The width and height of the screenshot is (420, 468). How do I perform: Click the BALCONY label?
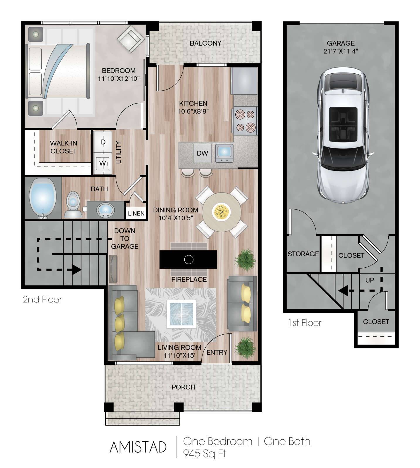click(205, 43)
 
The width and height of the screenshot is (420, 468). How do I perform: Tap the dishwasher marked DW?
click(202, 153)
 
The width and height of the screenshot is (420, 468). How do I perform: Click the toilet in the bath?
click(73, 205)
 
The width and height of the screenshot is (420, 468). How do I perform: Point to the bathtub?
click(43, 198)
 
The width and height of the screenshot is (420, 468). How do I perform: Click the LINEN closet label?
click(136, 214)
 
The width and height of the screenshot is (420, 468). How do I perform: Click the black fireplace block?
click(188, 259)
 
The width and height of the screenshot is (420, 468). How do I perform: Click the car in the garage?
click(342, 135)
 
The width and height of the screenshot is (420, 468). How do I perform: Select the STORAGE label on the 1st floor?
click(303, 254)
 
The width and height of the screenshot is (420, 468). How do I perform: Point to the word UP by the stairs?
click(370, 280)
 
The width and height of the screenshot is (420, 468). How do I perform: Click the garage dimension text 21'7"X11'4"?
click(341, 51)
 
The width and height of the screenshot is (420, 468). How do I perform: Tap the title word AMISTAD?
click(138, 447)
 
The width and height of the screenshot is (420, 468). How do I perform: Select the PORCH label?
click(183, 387)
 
